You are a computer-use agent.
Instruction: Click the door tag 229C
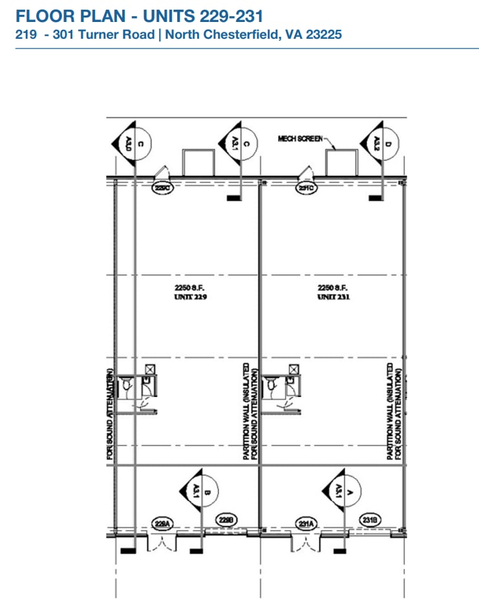click(x=162, y=188)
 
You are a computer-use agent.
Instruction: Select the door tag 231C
click(x=306, y=188)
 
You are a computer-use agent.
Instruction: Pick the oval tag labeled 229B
click(x=225, y=520)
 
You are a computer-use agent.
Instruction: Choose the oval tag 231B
click(x=370, y=520)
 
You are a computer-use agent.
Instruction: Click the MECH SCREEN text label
click(x=299, y=138)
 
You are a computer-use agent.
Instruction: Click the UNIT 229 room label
click(x=190, y=297)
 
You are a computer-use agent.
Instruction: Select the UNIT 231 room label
click(x=334, y=297)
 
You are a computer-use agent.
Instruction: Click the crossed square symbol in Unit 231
click(x=295, y=368)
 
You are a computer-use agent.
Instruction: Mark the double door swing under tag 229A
click(x=161, y=544)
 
